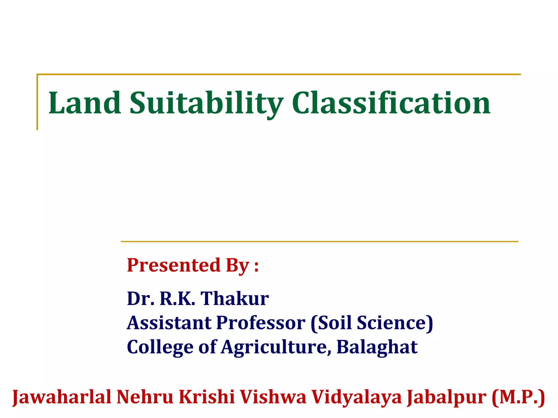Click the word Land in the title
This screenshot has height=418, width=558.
[85, 103]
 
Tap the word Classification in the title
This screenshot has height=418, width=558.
[391, 103]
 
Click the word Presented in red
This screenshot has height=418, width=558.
[174, 265]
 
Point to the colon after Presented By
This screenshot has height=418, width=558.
[256, 266]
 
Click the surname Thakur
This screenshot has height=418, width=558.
[235, 299]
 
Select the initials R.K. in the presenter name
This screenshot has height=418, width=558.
[177, 299]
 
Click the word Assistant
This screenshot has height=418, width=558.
[169, 323]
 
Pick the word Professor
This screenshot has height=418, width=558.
[261, 323]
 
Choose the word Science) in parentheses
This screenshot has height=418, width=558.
[395, 323]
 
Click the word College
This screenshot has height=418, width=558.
[160, 347]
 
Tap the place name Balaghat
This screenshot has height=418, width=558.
[377, 347]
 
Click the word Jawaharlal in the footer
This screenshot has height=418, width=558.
[62, 397]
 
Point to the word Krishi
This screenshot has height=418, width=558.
[207, 397]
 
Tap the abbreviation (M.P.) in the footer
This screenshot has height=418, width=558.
[518, 397]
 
